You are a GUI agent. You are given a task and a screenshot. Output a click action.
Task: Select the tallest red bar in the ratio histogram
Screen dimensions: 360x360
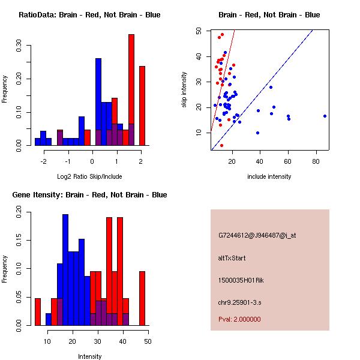131,90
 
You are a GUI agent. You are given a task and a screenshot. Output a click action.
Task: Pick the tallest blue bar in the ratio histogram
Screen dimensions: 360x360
98,102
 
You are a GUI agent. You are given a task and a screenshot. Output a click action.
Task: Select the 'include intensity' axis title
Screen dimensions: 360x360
269,176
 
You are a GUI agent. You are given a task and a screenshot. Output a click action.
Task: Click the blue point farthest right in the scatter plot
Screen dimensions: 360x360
325,116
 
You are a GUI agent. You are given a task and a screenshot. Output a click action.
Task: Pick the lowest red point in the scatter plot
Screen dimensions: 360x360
221,145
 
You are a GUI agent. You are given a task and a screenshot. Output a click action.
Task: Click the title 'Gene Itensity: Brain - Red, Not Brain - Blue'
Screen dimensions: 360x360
89,195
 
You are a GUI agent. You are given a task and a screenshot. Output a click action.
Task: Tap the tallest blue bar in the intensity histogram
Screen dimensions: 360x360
65,270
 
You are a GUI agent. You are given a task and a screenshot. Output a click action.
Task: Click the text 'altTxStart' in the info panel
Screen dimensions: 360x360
232,258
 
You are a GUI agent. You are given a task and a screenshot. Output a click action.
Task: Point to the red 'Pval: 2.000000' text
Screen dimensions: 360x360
239,319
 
